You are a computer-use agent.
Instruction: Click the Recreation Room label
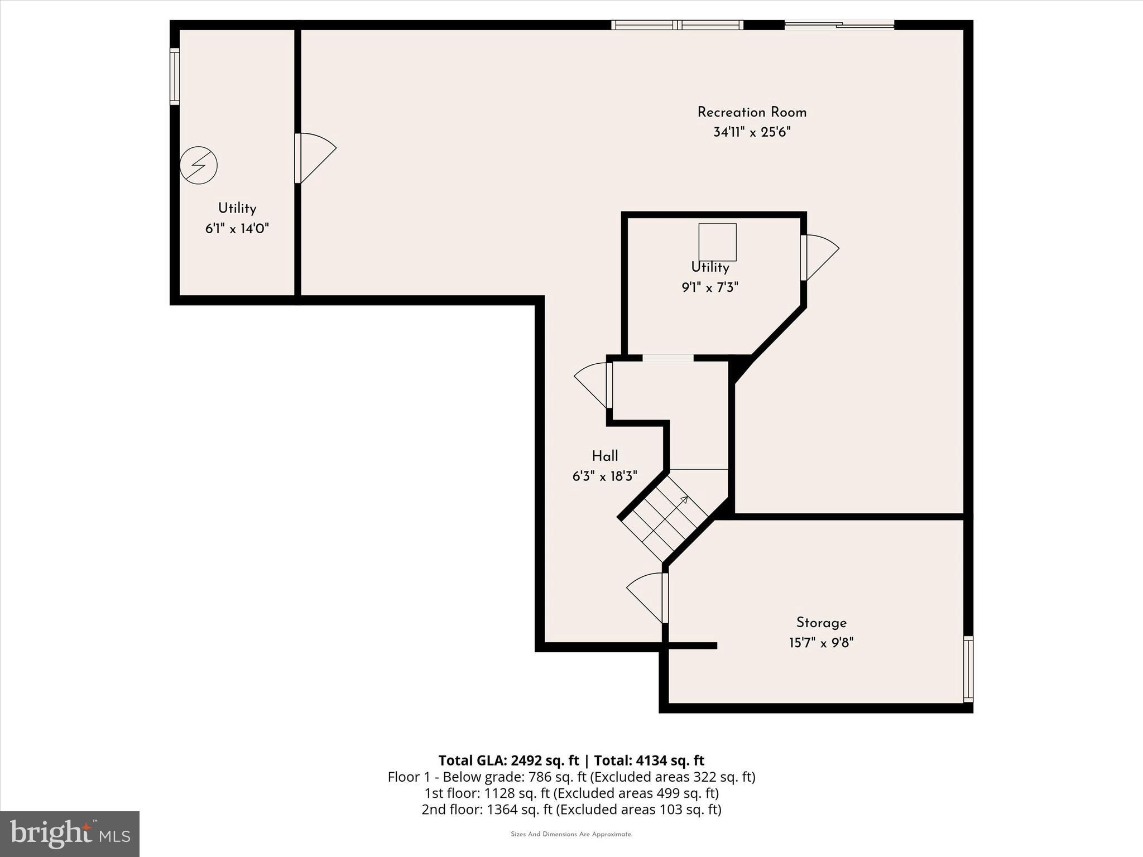point(752,112)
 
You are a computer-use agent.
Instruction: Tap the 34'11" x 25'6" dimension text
point(752,132)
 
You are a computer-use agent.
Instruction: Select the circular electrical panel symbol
point(199,165)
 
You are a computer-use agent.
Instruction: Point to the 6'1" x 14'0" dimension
point(237,229)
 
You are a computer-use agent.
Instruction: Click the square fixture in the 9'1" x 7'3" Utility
point(718,242)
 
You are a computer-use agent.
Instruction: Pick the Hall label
point(605,456)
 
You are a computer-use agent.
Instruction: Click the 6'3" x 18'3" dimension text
point(605,476)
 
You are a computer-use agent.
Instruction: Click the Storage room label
point(821,623)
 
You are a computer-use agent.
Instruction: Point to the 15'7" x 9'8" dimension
point(821,643)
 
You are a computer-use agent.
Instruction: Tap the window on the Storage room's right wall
point(968,668)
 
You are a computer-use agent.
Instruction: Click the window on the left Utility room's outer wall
point(175,76)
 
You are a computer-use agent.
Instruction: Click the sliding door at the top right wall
point(839,25)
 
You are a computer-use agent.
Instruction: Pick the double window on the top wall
point(678,25)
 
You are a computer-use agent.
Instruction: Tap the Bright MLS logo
point(70,834)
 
